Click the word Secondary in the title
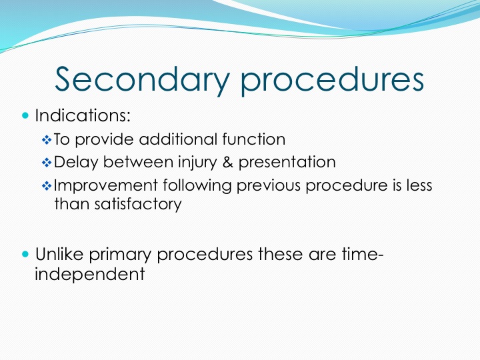[x=142, y=79]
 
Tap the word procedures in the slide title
[x=332, y=79]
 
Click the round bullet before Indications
[x=25, y=116]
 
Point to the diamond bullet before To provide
[x=47, y=140]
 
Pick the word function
[x=254, y=139]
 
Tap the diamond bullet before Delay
[x=47, y=163]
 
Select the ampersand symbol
[x=228, y=162]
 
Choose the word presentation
[x=287, y=162]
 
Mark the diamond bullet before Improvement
[x=47, y=186]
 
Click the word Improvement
[x=105, y=185]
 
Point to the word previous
[x=269, y=185]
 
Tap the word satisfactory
[x=138, y=204]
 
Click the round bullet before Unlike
[x=25, y=254]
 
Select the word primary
[x=120, y=255]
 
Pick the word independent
[x=90, y=274]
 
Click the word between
[x=138, y=162]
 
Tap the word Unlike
[x=59, y=254]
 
